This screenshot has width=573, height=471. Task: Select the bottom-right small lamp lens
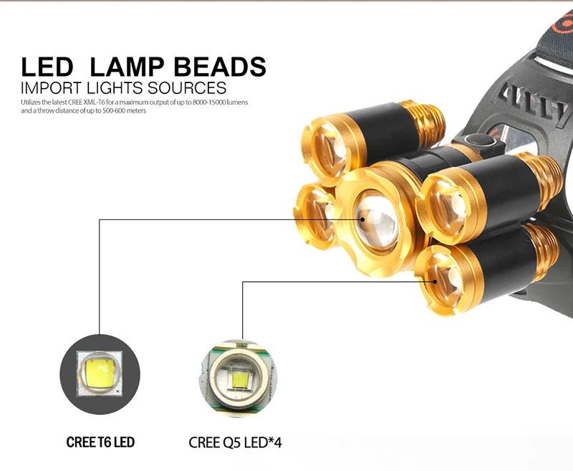tap(442, 277)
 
